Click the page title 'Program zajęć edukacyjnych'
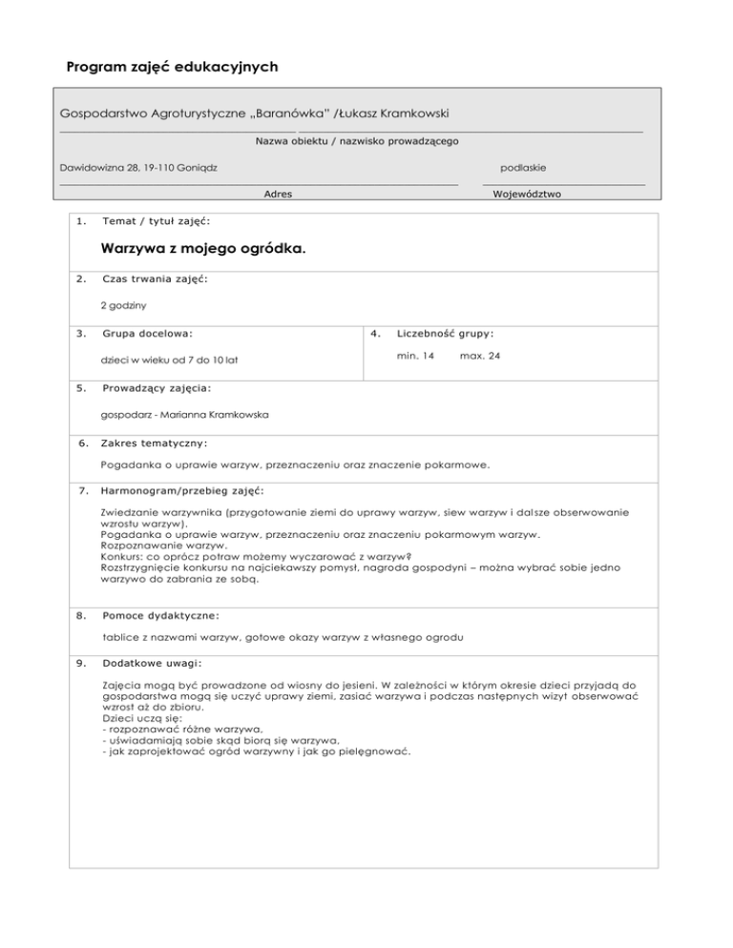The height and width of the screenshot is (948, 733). (172, 68)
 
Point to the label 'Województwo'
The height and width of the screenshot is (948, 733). (527, 194)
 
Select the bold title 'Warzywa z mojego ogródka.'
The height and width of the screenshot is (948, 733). (203, 251)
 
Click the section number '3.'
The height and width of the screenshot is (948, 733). (83, 335)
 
